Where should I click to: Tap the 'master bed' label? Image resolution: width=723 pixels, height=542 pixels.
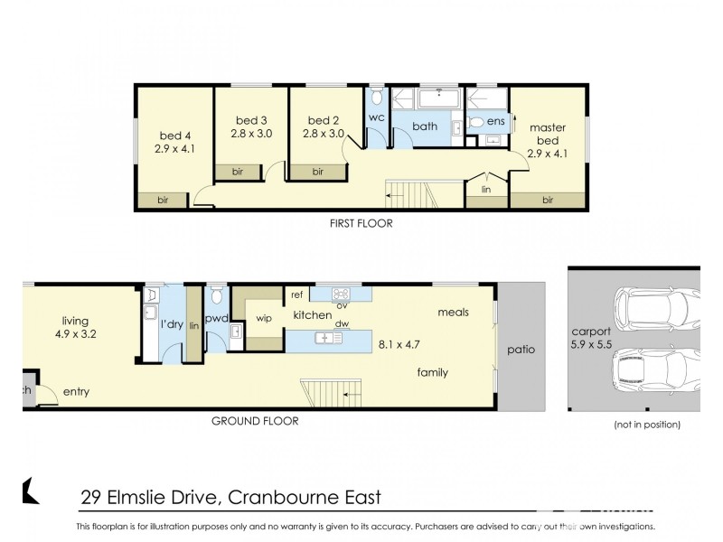[548, 135]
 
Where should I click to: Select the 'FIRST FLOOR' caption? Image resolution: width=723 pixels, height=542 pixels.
[361, 223]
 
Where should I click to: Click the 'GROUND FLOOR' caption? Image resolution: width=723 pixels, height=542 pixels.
[255, 420]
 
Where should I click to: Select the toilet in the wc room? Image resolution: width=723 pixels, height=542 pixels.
[378, 98]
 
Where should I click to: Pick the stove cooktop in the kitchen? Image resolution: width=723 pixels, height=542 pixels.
[342, 294]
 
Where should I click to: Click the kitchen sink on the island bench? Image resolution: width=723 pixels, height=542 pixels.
[325, 338]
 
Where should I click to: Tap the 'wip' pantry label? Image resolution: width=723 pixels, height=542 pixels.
[264, 318]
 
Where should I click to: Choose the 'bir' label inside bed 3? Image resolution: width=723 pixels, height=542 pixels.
[238, 171]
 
